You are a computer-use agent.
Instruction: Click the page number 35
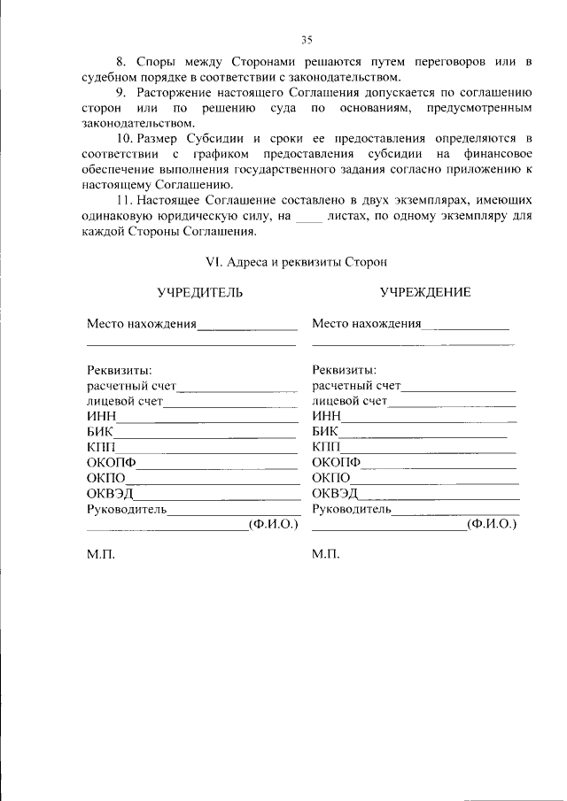307,40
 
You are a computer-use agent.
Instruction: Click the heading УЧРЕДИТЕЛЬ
199,292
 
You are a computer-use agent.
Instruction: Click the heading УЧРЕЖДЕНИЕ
425,292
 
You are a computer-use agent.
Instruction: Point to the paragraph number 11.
124,201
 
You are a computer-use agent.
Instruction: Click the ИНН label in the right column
327,417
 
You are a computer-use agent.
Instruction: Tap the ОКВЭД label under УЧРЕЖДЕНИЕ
336,493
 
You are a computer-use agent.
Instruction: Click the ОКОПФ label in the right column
338,463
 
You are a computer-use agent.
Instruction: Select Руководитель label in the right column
352,509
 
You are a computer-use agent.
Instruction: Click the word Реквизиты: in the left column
119,370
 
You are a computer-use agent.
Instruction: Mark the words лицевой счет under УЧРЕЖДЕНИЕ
350,401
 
